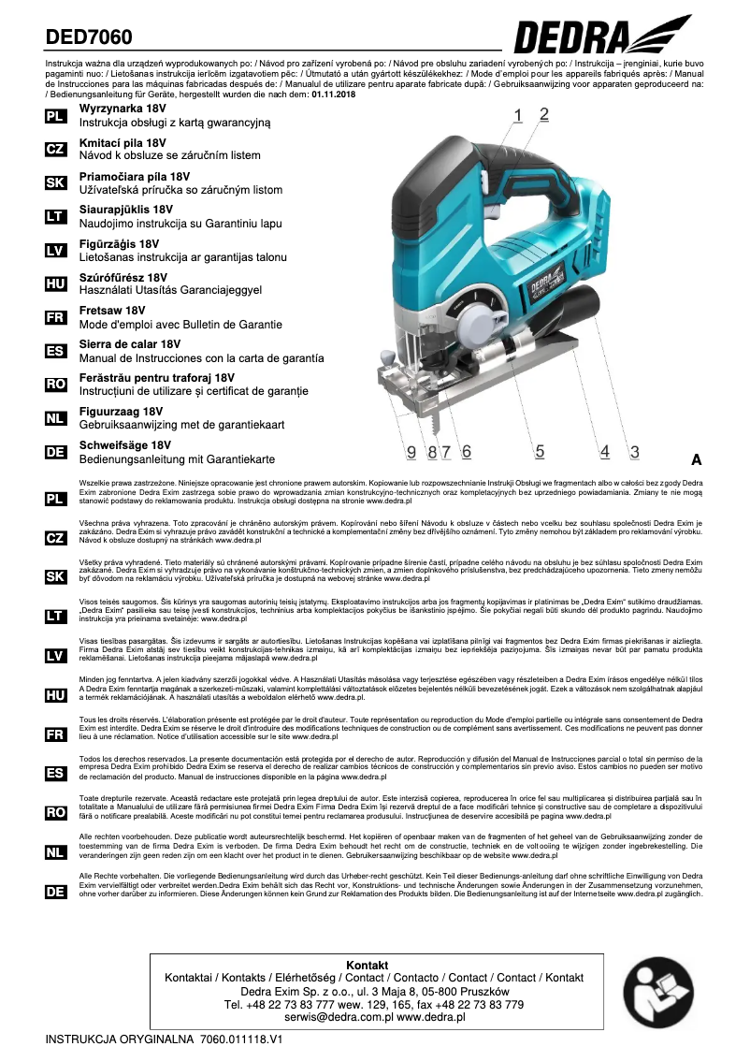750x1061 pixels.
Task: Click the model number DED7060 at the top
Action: coord(90,37)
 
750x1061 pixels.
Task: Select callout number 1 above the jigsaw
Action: coord(518,116)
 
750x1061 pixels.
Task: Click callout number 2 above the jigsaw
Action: coord(543,115)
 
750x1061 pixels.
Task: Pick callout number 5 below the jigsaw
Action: coord(540,452)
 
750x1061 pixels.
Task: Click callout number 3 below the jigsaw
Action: coord(634,452)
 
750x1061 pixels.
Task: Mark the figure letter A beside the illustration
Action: coord(696,459)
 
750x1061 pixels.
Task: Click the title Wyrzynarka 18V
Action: coord(123,109)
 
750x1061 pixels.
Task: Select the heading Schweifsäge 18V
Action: coord(125,446)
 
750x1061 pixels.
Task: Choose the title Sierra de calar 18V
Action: coord(130,344)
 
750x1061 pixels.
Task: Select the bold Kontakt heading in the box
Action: coord(367,965)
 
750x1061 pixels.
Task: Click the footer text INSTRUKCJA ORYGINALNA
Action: coord(119,1039)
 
